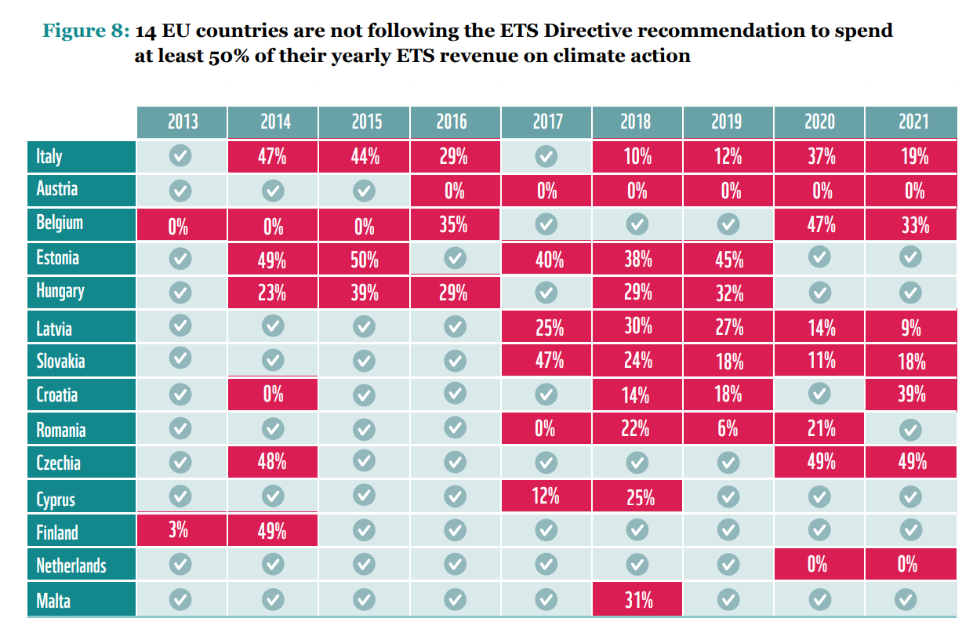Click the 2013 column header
pyautogui.click(x=182, y=122)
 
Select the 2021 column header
pyautogui.click(x=911, y=122)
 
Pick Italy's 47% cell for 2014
pyautogui.click(x=272, y=156)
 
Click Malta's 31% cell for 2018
pyautogui.click(x=638, y=601)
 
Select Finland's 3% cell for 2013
pyautogui.click(x=179, y=530)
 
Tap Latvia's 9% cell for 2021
pyautogui.click(x=911, y=327)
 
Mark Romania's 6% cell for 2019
pyautogui.click(x=728, y=429)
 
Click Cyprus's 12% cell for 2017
pyautogui.click(x=546, y=496)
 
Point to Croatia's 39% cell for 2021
pyautogui.click(x=911, y=394)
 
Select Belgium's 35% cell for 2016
pyautogui.click(x=454, y=224)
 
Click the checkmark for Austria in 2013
pyautogui.click(x=180, y=191)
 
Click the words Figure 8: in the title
pyautogui.click(x=85, y=31)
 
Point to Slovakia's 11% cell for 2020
pyautogui.click(x=820, y=361)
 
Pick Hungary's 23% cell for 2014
pyautogui.click(x=272, y=293)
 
